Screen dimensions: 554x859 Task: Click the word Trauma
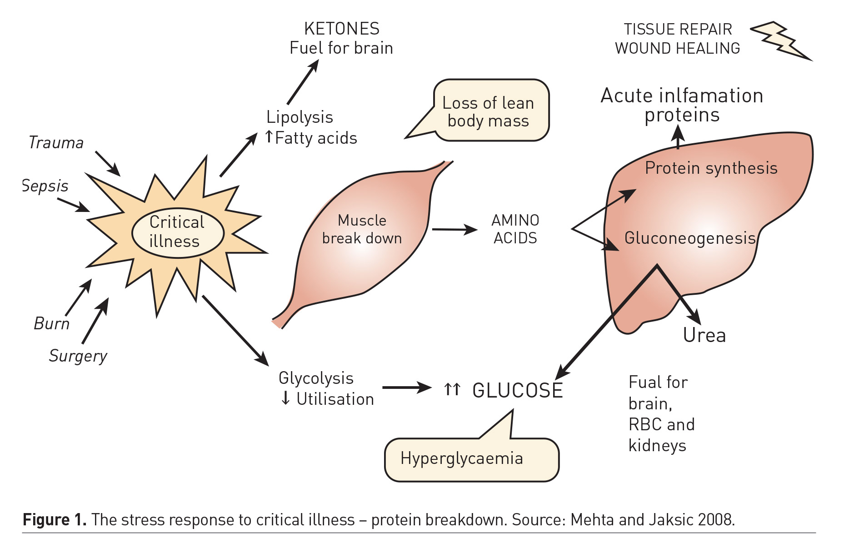coord(56,143)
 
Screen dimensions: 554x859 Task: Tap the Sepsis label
coord(45,186)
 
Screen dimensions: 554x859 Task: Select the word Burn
coord(51,324)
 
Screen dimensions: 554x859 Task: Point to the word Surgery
coord(78,356)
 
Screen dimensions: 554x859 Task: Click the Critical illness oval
coord(178,232)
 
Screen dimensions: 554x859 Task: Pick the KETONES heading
coord(342,29)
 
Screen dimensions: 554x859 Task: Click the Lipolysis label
coord(300,117)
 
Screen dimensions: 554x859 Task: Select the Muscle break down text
coord(362,229)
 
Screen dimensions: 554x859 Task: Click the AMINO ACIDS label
coord(515,229)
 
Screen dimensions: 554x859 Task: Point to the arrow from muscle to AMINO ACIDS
coord(454,230)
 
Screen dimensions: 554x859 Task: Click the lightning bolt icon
coord(780,40)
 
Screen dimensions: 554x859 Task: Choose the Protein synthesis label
coord(711,168)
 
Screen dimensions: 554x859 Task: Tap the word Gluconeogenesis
coord(689,238)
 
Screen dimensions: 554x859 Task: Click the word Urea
coord(704,336)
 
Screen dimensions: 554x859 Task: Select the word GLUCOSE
coord(518,391)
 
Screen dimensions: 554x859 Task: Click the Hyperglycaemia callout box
coord(471,459)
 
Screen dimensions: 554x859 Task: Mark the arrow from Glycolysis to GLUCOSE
coord(406,388)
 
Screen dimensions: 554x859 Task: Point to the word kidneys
coord(657,446)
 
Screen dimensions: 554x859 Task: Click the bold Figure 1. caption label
coord(55,519)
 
